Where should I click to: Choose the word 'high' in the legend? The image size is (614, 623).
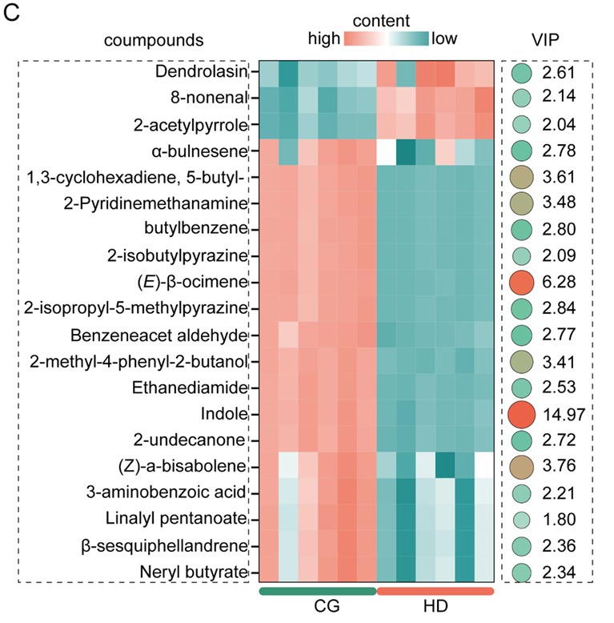click(x=324, y=38)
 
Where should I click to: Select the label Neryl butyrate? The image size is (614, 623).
click(x=193, y=572)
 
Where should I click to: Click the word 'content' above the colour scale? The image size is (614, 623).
click(x=381, y=20)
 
